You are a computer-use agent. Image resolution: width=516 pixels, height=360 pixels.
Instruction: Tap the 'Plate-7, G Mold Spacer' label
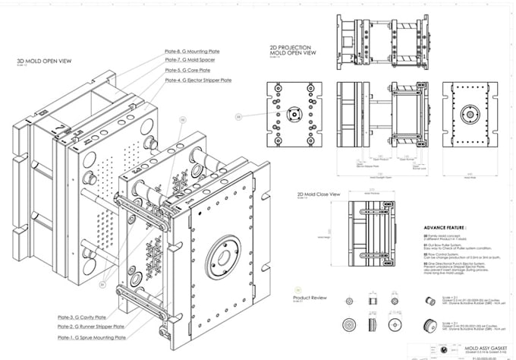click(193, 61)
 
